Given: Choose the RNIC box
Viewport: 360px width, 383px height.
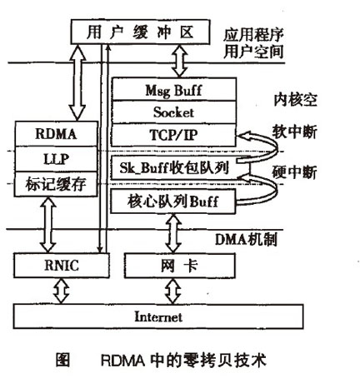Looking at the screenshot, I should click(x=56, y=266).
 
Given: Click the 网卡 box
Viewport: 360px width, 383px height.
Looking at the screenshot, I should click(x=173, y=266).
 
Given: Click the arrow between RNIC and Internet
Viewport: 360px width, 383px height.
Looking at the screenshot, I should click(x=56, y=292).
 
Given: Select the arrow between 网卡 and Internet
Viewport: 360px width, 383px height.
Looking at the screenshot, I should click(x=173, y=292).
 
